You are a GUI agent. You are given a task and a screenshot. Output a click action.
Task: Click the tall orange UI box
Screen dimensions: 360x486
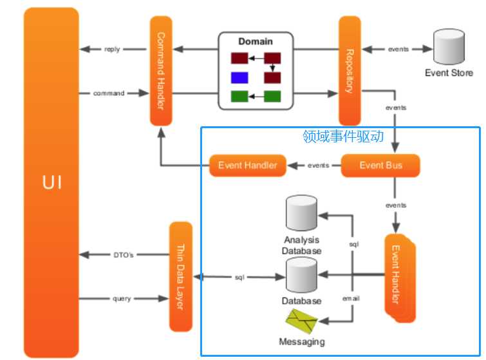(51, 182)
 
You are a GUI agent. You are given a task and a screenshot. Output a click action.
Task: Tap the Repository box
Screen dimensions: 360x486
(349, 71)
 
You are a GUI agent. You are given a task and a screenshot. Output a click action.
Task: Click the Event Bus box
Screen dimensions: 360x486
(380, 166)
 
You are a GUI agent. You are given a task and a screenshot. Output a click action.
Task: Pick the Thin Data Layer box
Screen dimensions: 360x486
(181, 277)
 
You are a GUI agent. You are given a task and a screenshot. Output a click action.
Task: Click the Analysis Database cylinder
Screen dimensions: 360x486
(301, 214)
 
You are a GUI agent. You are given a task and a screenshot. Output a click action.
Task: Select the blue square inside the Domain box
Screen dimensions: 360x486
(239, 79)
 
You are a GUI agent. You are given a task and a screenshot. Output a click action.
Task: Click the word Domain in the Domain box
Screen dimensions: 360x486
(256, 42)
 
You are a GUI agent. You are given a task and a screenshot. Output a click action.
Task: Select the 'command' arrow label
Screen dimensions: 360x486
(108, 94)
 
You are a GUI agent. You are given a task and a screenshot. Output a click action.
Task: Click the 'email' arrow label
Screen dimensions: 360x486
(351, 298)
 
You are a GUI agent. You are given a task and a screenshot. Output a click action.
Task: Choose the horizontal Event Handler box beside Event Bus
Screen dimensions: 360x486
(248, 166)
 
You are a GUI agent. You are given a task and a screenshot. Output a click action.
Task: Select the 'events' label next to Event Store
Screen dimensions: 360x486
(398, 49)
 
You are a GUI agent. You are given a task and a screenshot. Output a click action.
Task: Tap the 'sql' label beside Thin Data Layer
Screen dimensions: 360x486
(239, 277)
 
